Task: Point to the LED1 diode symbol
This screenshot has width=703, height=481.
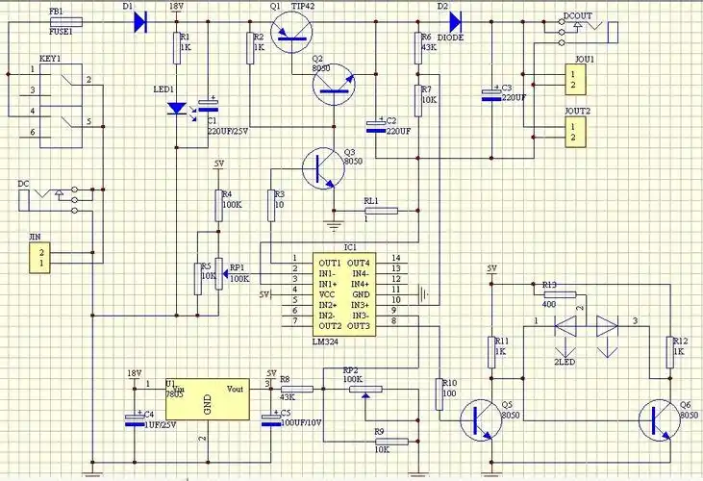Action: click(178, 109)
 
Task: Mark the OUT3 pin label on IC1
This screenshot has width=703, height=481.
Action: click(359, 326)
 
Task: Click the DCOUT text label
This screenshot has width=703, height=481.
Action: click(577, 16)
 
